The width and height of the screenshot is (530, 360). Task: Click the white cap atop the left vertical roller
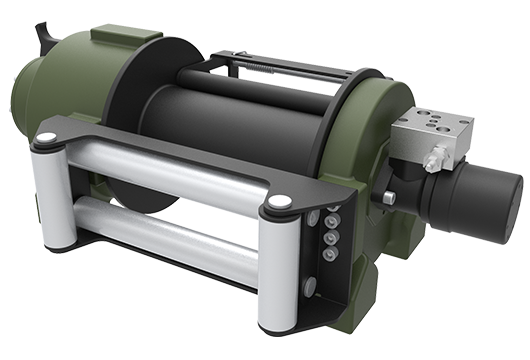(x=46, y=137)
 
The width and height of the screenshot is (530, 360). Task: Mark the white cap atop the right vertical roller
(x=281, y=202)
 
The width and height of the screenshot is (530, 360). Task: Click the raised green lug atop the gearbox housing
(x=104, y=37)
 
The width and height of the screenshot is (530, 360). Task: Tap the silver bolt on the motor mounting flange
(x=389, y=197)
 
